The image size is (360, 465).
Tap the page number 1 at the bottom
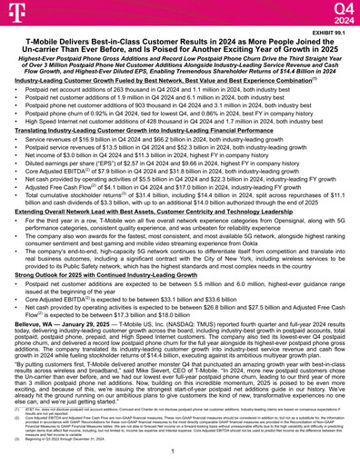(179, 451)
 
